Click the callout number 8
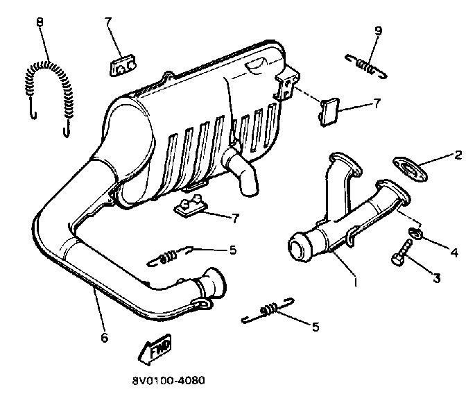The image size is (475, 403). (x=40, y=22)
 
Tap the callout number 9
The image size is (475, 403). (x=378, y=31)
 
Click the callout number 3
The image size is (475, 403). (x=435, y=278)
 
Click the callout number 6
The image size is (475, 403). (x=104, y=338)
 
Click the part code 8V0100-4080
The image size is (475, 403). (x=169, y=381)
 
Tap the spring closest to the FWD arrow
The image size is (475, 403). (x=267, y=311)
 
